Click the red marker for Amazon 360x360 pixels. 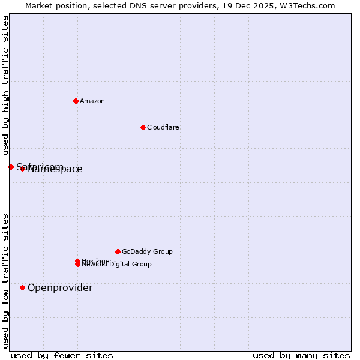click(76, 101)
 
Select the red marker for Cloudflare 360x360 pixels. click(143, 127)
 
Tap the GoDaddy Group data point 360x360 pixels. click(118, 251)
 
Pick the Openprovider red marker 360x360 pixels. click(22, 287)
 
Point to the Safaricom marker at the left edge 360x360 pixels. click(11, 167)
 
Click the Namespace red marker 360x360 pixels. click(22, 169)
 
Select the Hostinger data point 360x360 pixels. click(77, 261)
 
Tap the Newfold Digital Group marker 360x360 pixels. click(77, 265)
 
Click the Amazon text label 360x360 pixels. click(92, 101)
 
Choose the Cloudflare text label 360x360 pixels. click(163, 127)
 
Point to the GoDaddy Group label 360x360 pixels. click(147, 251)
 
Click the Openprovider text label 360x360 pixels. click(60, 287)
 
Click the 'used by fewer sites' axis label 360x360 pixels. click(62, 355)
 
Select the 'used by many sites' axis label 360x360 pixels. click(301, 355)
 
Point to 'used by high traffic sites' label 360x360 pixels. click(5, 85)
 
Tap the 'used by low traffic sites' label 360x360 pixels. click(5, 281)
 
